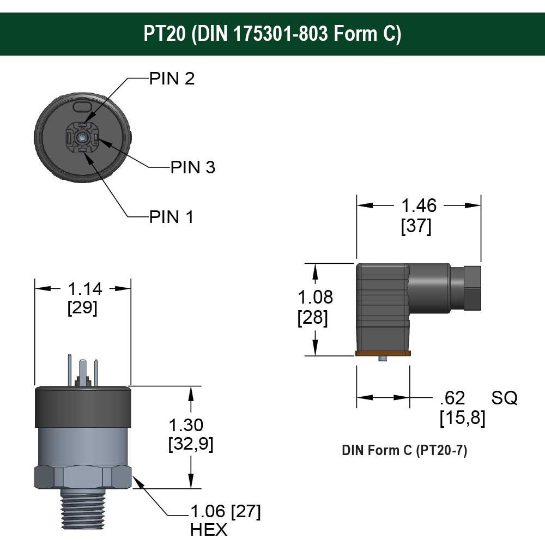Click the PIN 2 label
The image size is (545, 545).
pos(172,78)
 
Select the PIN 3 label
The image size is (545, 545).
pos(193,167)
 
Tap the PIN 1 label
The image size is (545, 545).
pos(172,217)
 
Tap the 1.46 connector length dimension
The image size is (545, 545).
pos(419,205)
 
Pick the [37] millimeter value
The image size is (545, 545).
pos(416,226)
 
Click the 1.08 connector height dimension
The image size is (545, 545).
pos(314,297)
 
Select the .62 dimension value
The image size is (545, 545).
pos(452,398)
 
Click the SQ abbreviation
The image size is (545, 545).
pos(504,398)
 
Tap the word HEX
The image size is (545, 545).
pos(209,529)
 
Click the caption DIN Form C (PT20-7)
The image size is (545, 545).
pos(404,451)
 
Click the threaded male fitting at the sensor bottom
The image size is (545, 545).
pos(82,509)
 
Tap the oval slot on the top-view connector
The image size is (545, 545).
pos(83,104)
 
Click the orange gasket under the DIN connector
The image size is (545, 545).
pos(383,353)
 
